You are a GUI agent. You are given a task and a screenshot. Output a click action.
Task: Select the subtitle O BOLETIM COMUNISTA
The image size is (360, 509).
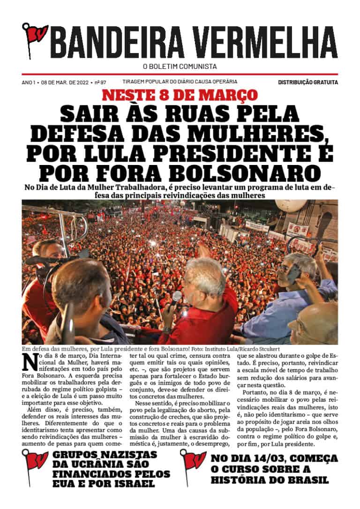click(x=180, y=67)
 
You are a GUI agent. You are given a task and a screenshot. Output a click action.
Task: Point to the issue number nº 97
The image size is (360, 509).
click(x=100, y=82)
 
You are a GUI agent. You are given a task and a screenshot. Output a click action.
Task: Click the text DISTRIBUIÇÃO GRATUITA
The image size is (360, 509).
click(x=307, y=82)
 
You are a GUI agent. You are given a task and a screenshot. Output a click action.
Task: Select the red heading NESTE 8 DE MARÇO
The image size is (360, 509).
click(x=180, y=95)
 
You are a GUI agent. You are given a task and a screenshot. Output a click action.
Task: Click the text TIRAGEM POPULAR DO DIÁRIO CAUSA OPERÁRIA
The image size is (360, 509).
click(x=180, y=82)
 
